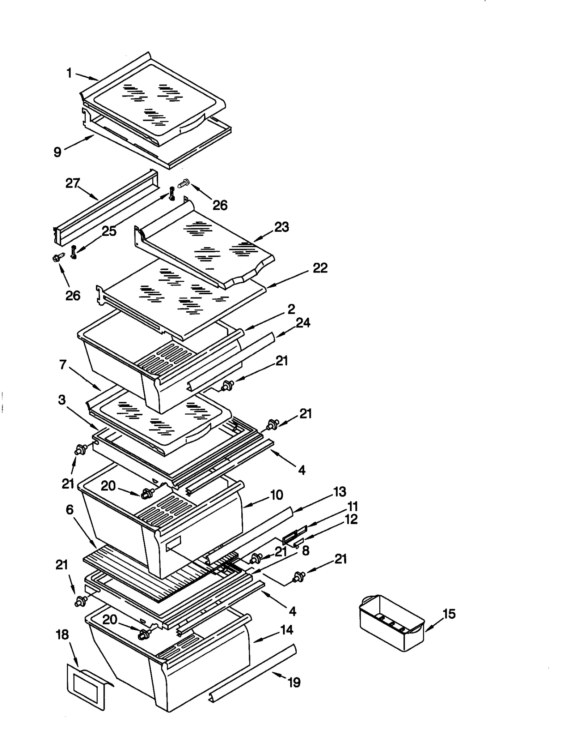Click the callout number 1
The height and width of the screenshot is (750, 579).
(x=69, y=73)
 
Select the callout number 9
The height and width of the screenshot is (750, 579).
(x=58, y=152)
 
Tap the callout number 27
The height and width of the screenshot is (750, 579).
(x=72, y=183)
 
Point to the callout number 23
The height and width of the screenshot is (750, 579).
(x=282, y=227)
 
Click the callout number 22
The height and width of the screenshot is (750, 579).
(x=320, y=268)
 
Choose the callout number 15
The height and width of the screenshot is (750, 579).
(x=449, y=614)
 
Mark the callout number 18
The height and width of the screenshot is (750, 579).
(x=63, y=634)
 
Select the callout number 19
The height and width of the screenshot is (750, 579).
(x=294, y=682)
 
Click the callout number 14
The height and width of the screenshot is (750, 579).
(x=287, y=630)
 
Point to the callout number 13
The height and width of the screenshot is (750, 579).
(x=339, y=492)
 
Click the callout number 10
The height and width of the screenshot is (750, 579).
(x=276, y=495)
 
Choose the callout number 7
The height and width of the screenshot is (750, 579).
(x=63, y=365)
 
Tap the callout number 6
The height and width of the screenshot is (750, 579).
(x=69, y=510)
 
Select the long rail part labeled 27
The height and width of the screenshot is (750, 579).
(x=105, y=208)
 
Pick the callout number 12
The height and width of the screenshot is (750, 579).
(x=351, y=519)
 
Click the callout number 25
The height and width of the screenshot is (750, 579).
(x=109, y=231)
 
